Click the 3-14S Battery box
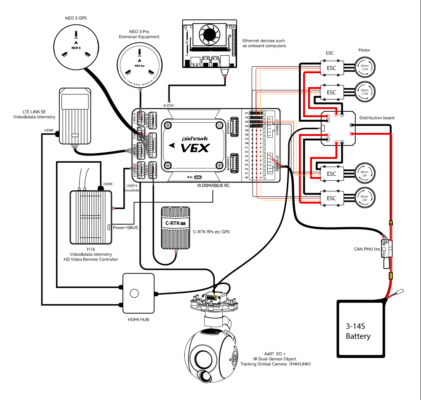tap(360, 329)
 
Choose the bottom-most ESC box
tap(331, 198)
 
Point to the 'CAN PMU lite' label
tap(367, 250)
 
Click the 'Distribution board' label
tap(377, 118)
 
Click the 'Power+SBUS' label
tap(125, 228)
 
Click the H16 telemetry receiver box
tap(91, 217)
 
